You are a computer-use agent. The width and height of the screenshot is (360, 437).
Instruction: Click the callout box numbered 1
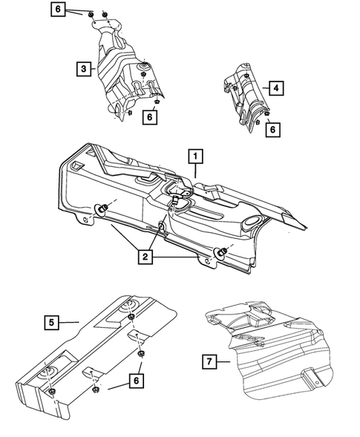tap(195, 157)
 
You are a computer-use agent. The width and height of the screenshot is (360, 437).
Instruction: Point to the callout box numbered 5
tap(50, 322)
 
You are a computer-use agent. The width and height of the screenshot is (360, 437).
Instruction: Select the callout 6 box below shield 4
tap(272, 128)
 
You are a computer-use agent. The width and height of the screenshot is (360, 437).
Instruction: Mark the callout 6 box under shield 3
tap(151, 116)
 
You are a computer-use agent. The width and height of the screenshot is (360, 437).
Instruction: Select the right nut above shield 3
tap(105, 15)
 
